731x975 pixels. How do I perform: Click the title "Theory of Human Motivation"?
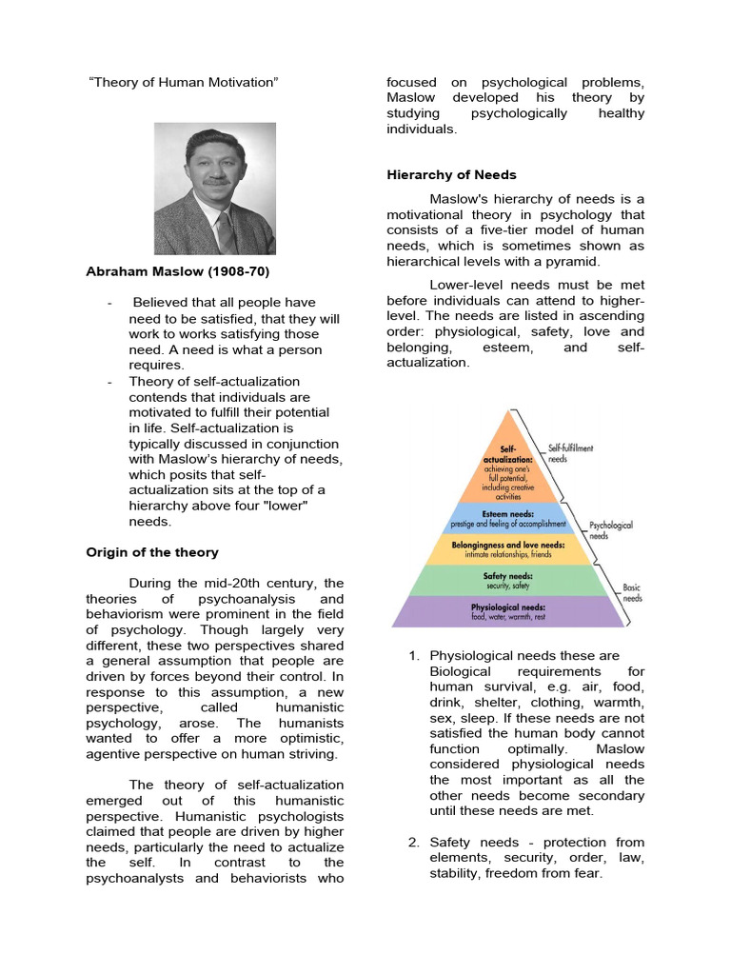(183, 83)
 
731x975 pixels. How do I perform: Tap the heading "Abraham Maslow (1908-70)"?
(178, 271)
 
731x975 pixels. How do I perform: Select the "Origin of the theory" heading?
(152, 552)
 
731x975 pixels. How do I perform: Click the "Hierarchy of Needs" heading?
(451, 174)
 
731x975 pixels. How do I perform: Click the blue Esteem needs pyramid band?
(509, 518)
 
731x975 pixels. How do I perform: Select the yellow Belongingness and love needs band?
(509, 549)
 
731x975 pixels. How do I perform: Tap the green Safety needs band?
(509, 581)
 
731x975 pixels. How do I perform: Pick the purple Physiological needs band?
(509, 611)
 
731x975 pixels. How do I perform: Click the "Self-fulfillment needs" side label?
(570, 452)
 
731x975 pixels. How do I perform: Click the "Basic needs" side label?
(632, 593)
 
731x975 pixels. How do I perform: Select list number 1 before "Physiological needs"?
(413, 656)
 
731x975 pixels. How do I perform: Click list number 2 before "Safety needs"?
(413, 843)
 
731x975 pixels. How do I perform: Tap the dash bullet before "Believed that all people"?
(110, 303)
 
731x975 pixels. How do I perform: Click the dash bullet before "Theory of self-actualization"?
(110, 381)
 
